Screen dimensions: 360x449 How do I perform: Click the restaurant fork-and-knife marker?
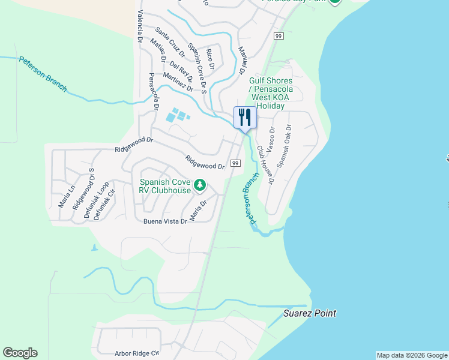(x=245, y=116)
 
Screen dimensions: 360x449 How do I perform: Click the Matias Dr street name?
(x=158, y=52)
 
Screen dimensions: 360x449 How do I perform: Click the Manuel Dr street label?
(x=243, y=61)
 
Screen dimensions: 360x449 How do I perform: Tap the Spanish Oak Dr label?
(x=284, y=146)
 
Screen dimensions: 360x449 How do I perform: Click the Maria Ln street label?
(x=63, y=196)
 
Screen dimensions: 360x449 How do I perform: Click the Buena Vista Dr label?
(x=166, y=221)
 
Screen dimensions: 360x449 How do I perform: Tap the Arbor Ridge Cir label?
(x=136, y=354)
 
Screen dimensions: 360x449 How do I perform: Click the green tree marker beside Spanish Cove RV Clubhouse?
(x=200, y=186)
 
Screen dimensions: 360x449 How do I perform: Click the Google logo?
(x=20, y=353)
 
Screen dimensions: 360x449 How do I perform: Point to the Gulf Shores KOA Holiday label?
(x=271, y=93)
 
